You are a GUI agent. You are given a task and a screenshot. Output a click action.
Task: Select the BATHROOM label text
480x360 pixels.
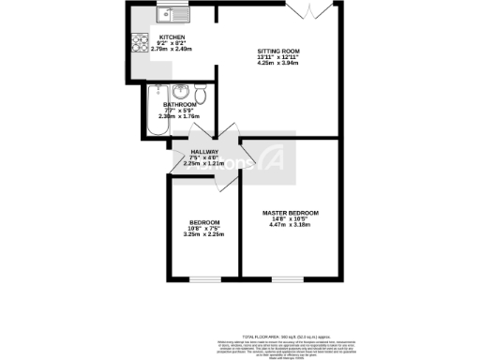click(179, 105)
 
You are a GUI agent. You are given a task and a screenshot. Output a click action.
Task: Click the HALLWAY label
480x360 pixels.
click(204, 152)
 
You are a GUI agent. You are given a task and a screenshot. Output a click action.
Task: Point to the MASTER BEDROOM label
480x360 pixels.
click(290, 214)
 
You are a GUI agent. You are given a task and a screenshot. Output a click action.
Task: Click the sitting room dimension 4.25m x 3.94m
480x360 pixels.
click(278, 67)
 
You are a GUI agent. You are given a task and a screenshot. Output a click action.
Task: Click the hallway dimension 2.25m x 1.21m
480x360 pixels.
click(204, 164)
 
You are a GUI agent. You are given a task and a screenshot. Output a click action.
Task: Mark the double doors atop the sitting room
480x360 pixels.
click(310, 8)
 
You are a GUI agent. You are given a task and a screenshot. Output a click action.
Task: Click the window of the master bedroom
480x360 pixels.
click(288, 278)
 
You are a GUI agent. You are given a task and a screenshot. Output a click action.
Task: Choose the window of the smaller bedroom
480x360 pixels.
click(205, 278)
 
